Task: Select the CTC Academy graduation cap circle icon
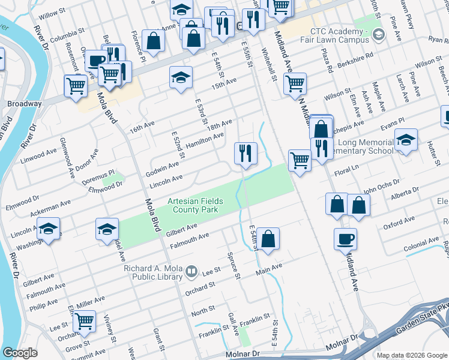[x=378, y=35]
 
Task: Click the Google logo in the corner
[x=20, y=353]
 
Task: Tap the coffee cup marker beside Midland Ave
[x=345, y=238]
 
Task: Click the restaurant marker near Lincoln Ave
[x=246, y=152]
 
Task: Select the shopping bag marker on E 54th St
[x=270, y=238]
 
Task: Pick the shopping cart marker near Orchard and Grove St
[x=85, y=321]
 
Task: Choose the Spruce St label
[x=234, y=265]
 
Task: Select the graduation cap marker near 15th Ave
[x=181, y=77]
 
